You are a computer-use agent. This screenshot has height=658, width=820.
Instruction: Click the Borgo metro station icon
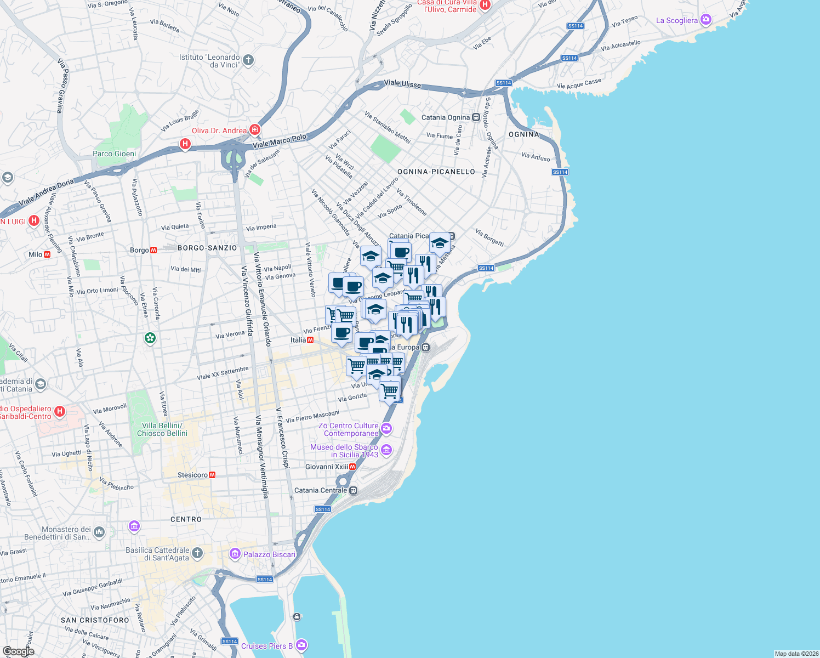(153, 250)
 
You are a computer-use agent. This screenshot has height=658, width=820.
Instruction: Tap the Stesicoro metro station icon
(212, 475)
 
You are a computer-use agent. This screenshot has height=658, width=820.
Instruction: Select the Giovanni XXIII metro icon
(352, 467)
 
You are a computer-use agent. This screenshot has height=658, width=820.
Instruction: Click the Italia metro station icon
(310, 340)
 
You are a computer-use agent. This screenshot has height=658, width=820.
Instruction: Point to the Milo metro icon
(47, 254)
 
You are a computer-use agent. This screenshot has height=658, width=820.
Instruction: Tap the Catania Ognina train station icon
(476, 117)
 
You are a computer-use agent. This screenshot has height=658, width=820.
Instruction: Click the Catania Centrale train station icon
(354, 490)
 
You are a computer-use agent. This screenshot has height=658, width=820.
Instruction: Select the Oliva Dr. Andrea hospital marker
(254, 130)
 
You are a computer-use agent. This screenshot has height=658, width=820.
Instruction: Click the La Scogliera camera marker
(706, 20)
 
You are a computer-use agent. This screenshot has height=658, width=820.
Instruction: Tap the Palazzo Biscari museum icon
(235, 554)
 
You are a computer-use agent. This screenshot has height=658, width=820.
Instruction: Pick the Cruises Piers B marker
(301, 645)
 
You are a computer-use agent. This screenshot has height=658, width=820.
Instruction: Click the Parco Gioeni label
(115, 154)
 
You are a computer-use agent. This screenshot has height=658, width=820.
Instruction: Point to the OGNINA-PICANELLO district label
(436, 172)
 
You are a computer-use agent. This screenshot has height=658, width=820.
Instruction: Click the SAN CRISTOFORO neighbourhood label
(95, 620)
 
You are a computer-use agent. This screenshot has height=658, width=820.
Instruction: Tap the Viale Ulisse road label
(402, 83)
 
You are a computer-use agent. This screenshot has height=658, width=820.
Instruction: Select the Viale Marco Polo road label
(280, 141)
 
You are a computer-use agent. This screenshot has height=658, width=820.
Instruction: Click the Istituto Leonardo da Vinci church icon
(248, 60)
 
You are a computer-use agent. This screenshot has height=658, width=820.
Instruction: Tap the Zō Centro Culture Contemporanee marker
(387, 428)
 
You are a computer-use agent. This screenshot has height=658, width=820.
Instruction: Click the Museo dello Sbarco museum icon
(386, 450)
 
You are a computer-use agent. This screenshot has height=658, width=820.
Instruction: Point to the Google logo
(18, 651)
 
